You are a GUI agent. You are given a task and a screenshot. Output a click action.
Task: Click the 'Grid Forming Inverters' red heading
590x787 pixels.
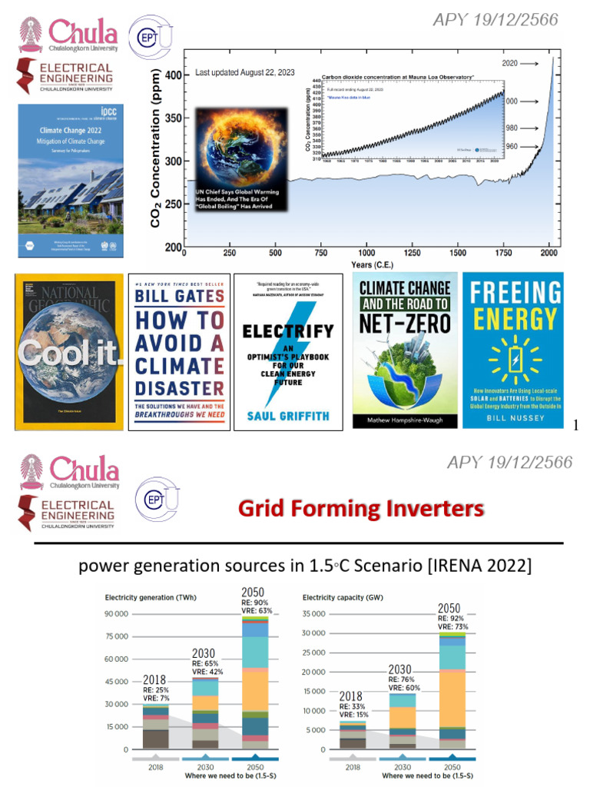point(361,508)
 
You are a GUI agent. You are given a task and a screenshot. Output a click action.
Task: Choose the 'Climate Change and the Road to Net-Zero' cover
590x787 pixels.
point(405,350)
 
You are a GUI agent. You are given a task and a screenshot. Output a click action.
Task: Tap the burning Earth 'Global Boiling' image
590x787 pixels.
point(242,160)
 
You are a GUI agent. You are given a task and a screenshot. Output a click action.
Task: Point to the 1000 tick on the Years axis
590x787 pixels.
point(366,253)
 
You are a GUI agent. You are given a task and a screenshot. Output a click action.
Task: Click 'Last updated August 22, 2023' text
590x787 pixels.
point(245,73)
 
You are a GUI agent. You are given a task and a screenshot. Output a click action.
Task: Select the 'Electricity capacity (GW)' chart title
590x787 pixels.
point(343,596)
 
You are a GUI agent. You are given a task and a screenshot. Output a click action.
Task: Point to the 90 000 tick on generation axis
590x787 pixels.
point(118,614)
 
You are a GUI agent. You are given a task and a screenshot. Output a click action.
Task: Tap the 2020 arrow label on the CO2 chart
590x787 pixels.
point(510,64)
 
